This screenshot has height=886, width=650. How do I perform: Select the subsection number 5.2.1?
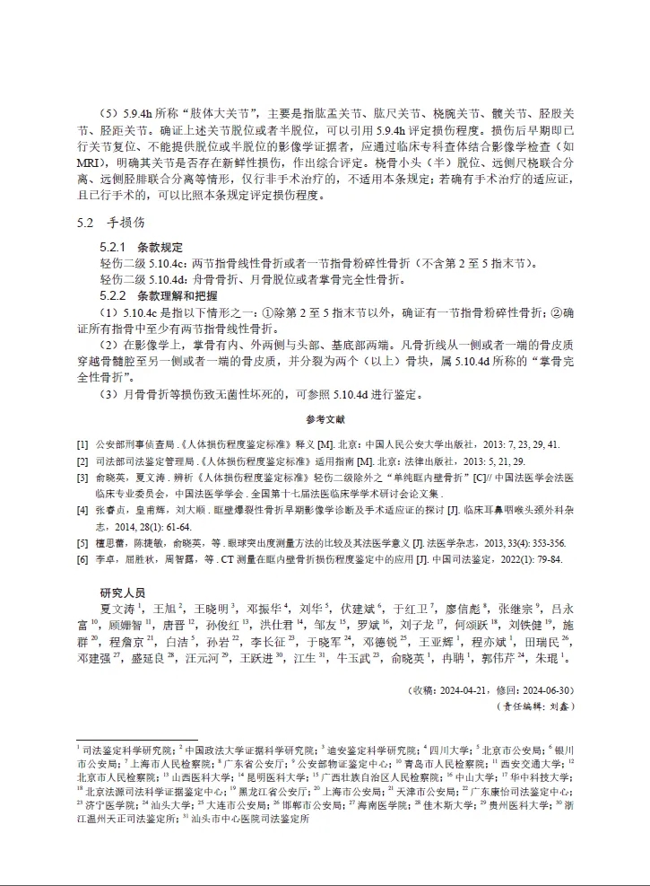114,246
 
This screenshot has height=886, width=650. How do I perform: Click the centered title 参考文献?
325,419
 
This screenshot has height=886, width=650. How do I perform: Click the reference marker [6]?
82,559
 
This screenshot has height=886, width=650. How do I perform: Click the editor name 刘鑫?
560,706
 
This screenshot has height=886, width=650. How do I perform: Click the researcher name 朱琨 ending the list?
550,658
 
